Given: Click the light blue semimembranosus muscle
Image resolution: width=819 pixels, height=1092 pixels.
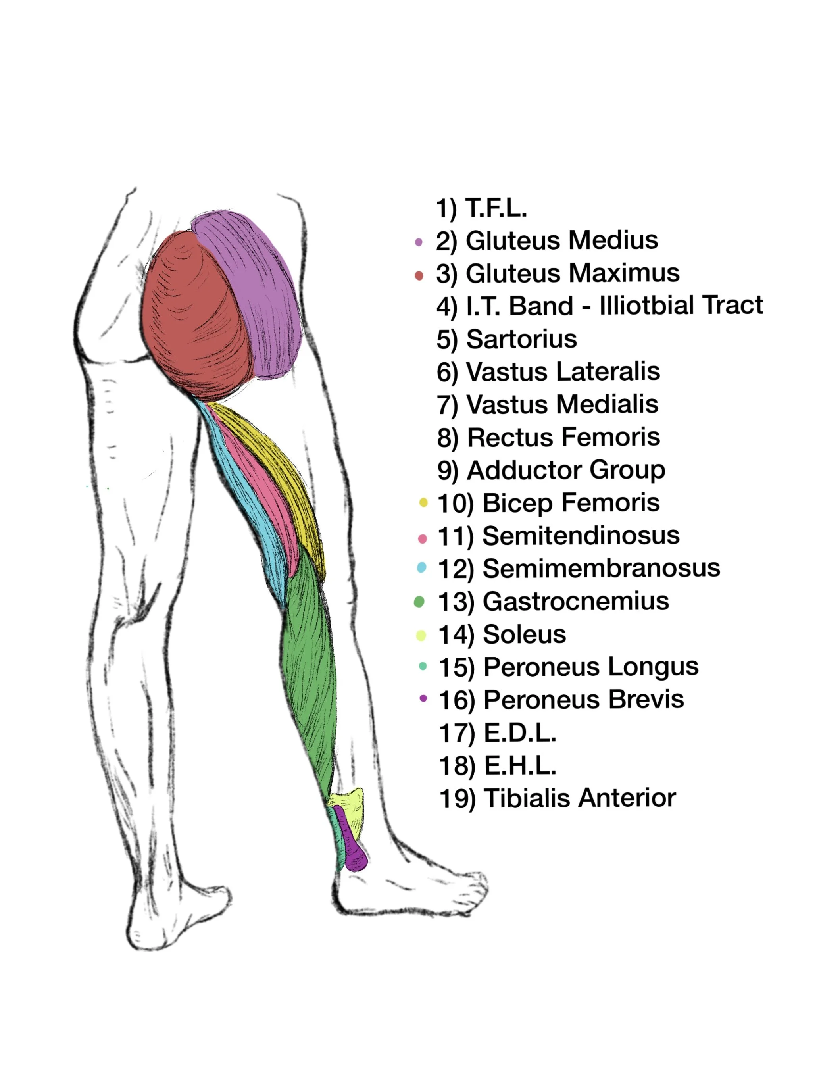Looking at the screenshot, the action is (x=247, y=508).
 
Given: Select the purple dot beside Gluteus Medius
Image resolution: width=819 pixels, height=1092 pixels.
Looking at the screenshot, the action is (x=419, y=242).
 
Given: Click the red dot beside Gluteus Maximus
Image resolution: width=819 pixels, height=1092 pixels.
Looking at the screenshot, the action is (x=419, y=275).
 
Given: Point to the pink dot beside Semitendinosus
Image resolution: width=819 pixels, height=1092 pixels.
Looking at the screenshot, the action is (x=423, y=538).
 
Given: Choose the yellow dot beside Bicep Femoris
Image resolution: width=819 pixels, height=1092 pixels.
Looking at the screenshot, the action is (x=423, y=503).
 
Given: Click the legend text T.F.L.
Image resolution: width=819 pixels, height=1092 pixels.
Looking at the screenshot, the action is (x=496, y=208).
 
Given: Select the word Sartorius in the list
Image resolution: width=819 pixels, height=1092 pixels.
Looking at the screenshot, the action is (x=522, y=339).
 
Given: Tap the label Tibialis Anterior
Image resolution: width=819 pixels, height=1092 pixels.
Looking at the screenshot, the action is (x=580, y=798).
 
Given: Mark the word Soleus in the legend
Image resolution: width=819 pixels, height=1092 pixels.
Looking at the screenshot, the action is (x=524, y=634).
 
